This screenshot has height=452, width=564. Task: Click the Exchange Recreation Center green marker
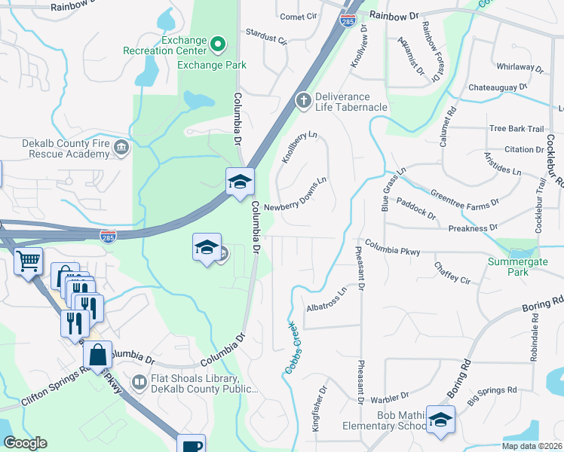tap(218, 44)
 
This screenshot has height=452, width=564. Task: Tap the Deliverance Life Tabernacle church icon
tap(302, 100)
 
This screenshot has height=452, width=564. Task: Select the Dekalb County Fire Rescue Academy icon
tap(121, 148)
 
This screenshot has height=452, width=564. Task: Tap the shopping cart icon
tap(29, 262)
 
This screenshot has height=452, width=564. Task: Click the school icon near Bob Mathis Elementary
tap(440, 420)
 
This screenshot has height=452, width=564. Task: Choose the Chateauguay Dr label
tap(497, 88)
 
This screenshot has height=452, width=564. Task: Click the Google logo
tap(25, 443)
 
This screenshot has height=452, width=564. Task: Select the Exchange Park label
tap(212, 65)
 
